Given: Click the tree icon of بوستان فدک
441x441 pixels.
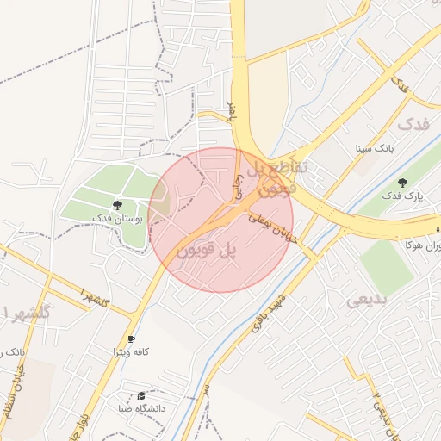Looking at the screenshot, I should pyautogui.click(x=116, y=205).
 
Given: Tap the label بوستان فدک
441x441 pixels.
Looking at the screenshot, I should pyautogui.click(x=116, y=220).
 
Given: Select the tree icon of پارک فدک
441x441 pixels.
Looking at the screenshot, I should pyautogui.click(x=403, y=183).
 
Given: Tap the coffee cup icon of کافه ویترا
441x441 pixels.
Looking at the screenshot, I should pyautogui.click(x=131, y=339).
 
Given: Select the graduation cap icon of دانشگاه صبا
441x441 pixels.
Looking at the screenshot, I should pyautogui.click(x=141, y=395).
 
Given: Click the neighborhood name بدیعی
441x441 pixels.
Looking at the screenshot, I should pyautogui.click(x=368, y=301).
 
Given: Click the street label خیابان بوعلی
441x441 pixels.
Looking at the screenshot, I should pyautogui.click(x=274, y=228).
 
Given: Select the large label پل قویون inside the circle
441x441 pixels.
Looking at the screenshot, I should pyautogui.click(x=207, y=251).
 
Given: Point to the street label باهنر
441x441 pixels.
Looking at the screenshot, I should pyautogui.click(x=231, y=110).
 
